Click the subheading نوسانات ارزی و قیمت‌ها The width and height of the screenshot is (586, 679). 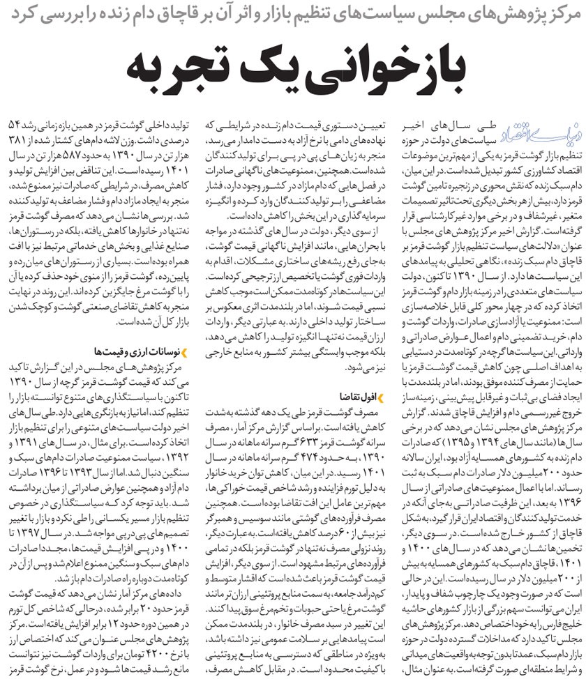(x=136, y=349)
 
